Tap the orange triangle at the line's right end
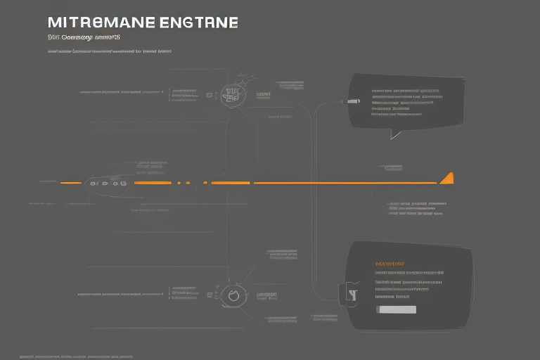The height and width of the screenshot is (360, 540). pos(446,178)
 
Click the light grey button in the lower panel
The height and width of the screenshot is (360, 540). pos(396,309)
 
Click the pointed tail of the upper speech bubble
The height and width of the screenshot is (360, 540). pos(395,134)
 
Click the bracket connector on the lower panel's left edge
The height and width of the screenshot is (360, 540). pos(347,295)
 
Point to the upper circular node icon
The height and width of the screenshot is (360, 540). pos(231,92)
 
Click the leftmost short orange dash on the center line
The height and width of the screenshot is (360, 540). pos(70,183)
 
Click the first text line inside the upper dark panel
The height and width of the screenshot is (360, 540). pos(405,91)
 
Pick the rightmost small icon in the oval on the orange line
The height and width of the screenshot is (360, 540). pos(124,183)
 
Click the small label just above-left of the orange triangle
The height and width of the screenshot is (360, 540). pos(391,167)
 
